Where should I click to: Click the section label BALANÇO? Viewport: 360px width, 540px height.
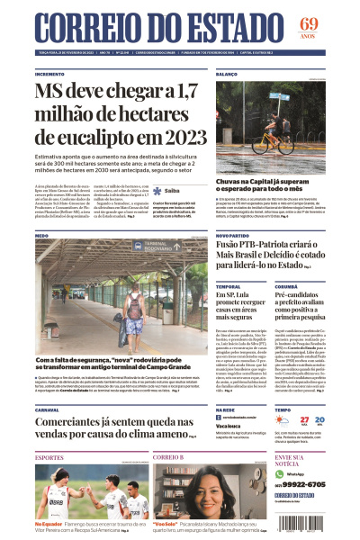(226, 74)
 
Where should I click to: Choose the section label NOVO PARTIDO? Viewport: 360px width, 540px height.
(232, 236)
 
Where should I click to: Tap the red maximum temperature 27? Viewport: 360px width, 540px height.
(305, 419)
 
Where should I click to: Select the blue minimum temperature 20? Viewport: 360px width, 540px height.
(321, 419)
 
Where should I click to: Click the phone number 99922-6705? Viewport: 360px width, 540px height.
(304, 484)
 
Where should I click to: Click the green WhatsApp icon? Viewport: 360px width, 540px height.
(279, 472)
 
